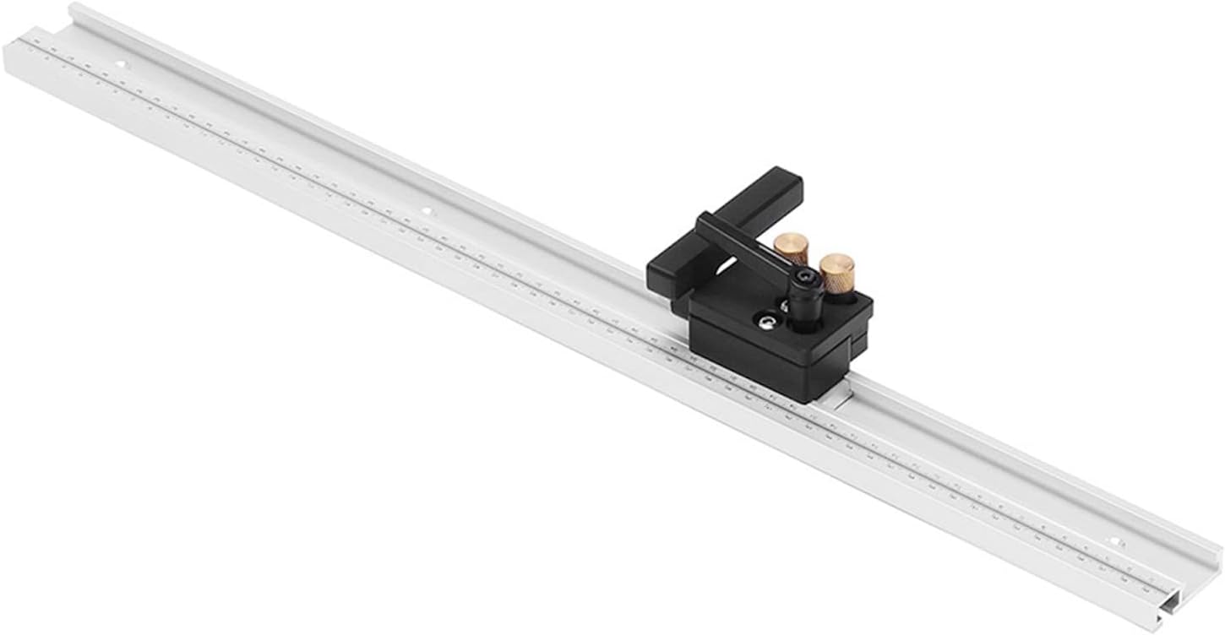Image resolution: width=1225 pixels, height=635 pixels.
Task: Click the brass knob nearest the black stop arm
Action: pyautogui.click(x=791, y=248)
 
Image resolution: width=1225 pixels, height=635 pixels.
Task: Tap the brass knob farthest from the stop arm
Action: pyautogui.click(x=836, y=272)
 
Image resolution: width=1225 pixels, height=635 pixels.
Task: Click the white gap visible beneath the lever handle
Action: pyautogui.click(x=727, y=269)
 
